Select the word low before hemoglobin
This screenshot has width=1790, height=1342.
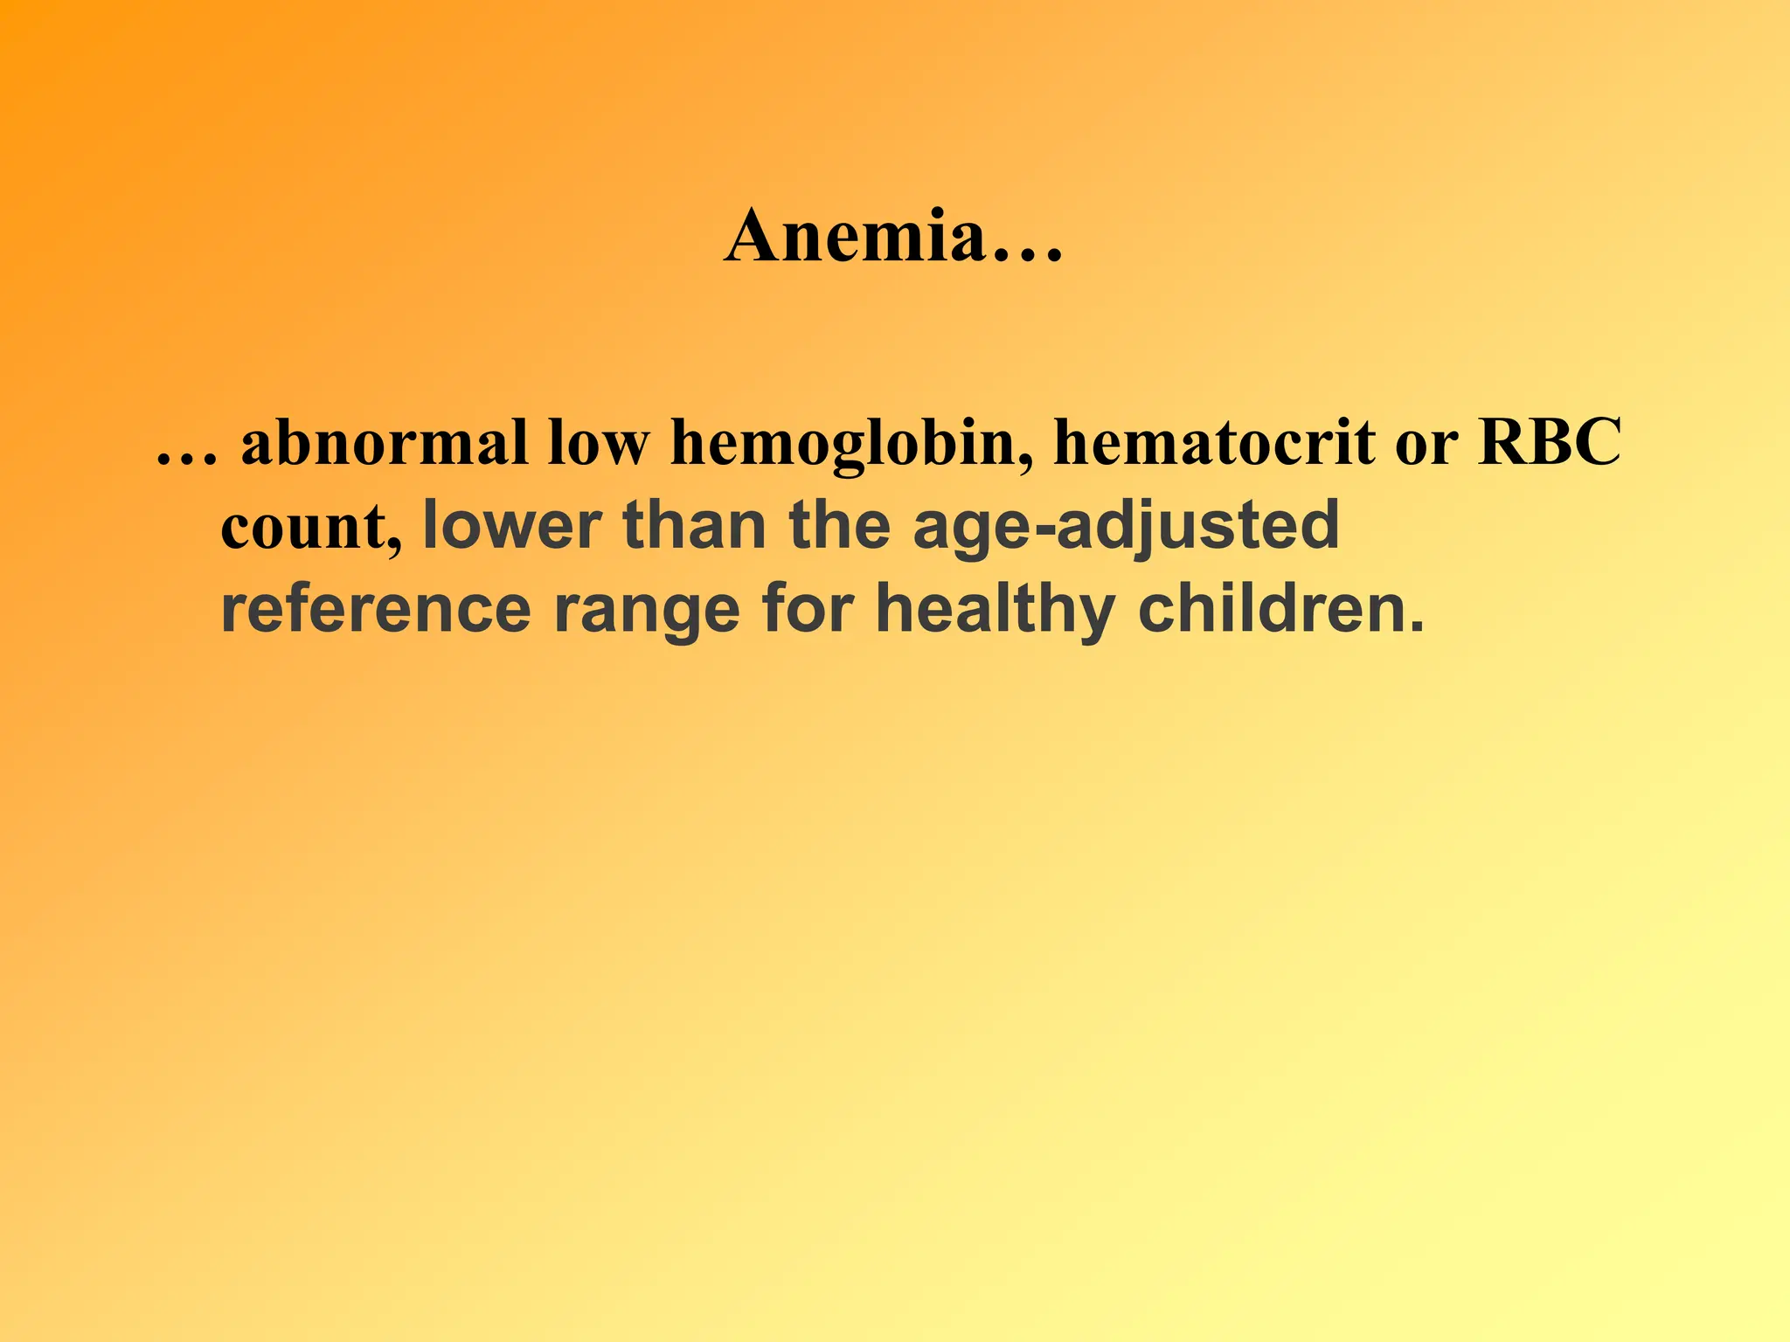(x=600, y=443)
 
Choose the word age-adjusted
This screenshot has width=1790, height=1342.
(x=1126, y=528)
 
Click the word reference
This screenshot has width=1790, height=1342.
(x=376, y=609)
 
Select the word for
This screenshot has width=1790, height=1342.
(x=807, y=608)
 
